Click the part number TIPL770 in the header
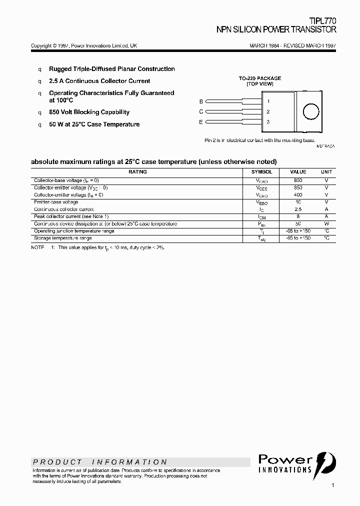[323, 21]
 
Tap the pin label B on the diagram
[201, 101]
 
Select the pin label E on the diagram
[201, 122]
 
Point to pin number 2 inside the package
[268, 112]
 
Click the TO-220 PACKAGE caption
[259, 78]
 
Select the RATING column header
[137, 172]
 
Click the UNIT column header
[326, 172]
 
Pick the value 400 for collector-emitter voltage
[298, 195]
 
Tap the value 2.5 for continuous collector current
[298, 209]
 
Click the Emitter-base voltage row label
[56, 202]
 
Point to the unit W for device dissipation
[326, 224]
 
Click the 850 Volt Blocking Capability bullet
[89, 112]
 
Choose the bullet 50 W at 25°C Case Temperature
[94, 124]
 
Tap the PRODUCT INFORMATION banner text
[100, 462]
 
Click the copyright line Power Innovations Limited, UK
[84, 45]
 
